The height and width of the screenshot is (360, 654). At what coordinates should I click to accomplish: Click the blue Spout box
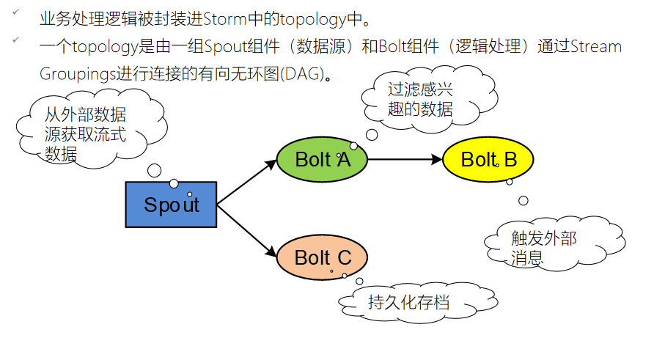pos(172,204)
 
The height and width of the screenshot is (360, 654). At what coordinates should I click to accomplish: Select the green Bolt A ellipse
pos(322,159)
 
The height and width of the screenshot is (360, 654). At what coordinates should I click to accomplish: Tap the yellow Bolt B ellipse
pos(488,159)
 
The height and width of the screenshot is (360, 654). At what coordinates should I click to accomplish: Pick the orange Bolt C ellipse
pos(322,257)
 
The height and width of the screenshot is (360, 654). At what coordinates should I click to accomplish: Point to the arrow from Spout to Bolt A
pos(246,182)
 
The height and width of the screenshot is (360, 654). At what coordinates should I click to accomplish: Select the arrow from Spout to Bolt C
pos(246,229)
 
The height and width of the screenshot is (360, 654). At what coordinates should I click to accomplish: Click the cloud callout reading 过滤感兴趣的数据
pos(421,99)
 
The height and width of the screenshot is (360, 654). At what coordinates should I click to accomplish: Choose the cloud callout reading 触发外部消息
pos(543,247)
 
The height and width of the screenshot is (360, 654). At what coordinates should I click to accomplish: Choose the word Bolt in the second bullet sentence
pos(395,47)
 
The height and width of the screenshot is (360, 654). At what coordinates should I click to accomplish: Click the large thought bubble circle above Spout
pos(155,170)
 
